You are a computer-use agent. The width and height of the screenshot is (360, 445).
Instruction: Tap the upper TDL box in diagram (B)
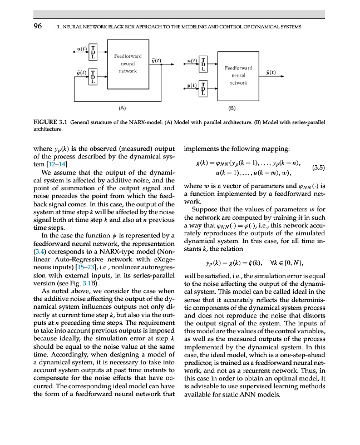(x=203, y=63)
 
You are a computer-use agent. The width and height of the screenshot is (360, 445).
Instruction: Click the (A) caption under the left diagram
(x=122, y=109)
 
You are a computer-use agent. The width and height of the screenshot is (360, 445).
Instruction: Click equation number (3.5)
(x=318, y=166)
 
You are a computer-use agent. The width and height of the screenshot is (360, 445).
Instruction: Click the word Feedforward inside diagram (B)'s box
(x=238, y=68)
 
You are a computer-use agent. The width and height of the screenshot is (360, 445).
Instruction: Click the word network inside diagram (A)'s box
(x=127, y=71)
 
